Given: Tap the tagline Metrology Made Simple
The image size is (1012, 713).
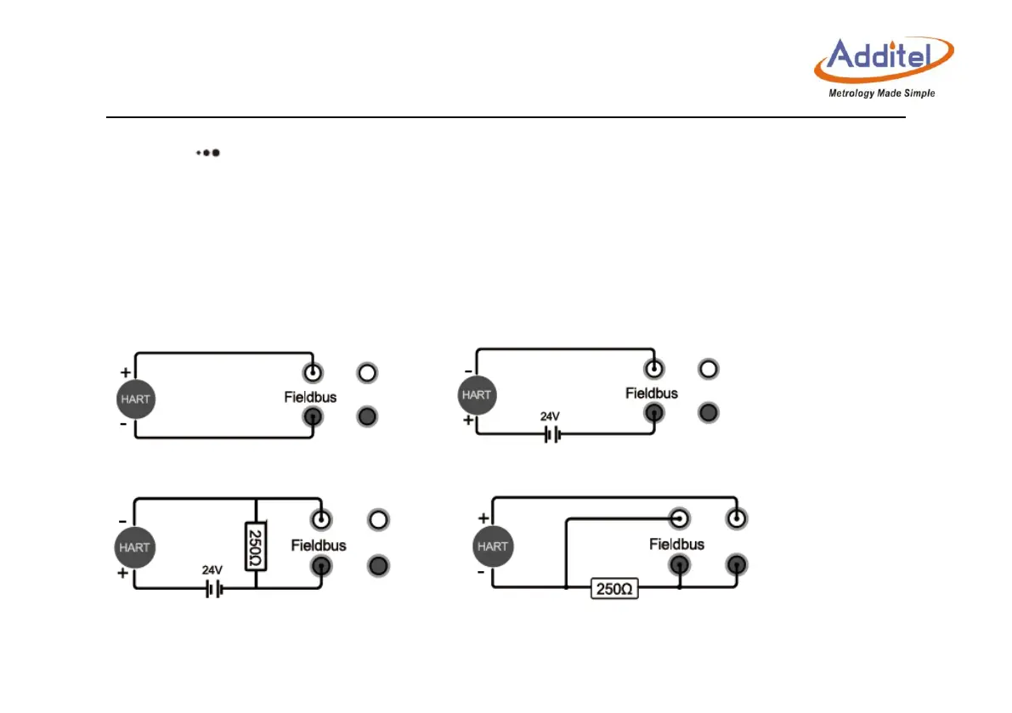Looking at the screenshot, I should point(881,93).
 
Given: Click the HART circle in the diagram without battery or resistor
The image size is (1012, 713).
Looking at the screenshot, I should point(135,399).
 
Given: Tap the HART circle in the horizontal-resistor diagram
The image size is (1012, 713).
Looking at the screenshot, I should point(492,546).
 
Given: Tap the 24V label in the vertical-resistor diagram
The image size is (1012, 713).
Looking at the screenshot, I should point(212,570).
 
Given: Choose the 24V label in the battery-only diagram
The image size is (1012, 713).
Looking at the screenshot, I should point(551,416).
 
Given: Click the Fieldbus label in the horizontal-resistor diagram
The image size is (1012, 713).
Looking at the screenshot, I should point(676,543).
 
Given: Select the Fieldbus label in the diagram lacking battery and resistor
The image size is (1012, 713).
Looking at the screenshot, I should point(310,397).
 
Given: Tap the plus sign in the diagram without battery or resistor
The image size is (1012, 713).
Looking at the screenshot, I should point(125,372).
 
